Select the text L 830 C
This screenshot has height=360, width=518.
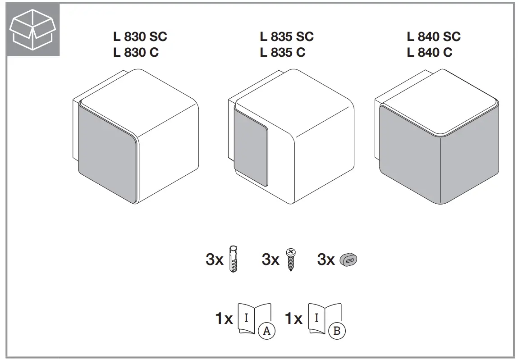[136, 53]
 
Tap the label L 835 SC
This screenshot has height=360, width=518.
[286, 36]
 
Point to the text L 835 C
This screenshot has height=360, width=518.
[282, 53]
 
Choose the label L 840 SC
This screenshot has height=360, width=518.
[434, 36]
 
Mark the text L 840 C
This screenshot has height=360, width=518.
[429, 53]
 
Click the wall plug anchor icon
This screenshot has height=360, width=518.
[233, 260]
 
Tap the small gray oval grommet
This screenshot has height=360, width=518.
[349, 260]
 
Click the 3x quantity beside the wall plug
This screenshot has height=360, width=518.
[215, 260]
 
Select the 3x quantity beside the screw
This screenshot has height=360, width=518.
[270, 260]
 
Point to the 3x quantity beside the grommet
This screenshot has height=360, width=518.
[326, 260]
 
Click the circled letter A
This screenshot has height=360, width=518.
[266, 331]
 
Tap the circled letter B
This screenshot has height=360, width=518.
[337, 331]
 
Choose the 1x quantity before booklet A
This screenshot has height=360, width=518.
[224, 319]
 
